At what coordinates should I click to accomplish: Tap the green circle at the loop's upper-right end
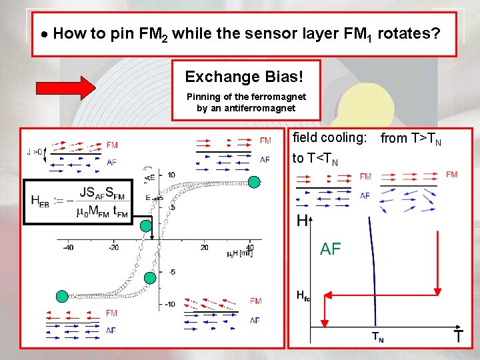pos(254,183)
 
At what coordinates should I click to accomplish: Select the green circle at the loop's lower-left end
pos(63,296)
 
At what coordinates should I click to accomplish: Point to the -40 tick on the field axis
pos(67,247)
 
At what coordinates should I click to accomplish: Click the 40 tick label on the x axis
pos(250,247)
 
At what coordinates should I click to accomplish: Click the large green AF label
pos(331,249)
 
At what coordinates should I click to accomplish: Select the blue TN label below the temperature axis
pos(377,339)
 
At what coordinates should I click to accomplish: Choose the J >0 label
pos(35,151)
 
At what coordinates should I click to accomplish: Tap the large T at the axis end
pos(458,337)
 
